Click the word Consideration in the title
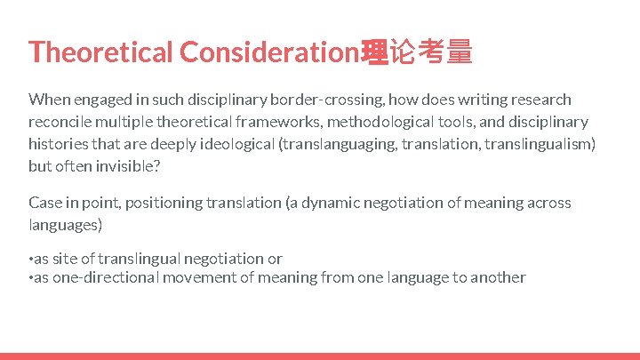pyautogui.click(x=269, y=52)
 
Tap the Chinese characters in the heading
pyautogui.click(x=416, y=52)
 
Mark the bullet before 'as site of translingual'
pyautogui.click(x=30, y=260)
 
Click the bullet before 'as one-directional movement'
pyautogui.click(x=30, y=278)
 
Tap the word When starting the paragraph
pyautogui.click(x=47, y=100)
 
